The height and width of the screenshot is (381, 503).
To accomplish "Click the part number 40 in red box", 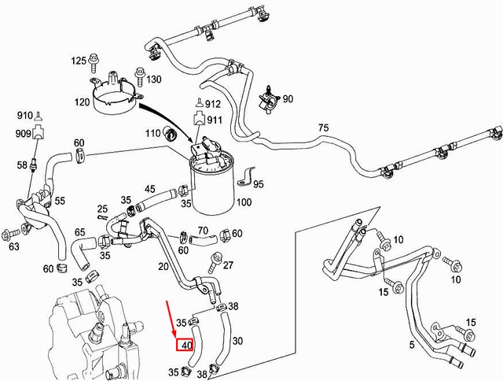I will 186,345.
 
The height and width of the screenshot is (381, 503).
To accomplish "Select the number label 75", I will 323,128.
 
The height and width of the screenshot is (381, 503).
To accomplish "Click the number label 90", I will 287,99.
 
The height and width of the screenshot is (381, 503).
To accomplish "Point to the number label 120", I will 81,103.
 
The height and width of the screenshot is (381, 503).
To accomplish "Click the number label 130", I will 153,80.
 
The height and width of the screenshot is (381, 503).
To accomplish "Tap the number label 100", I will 244,202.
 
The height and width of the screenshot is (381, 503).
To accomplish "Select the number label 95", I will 259,184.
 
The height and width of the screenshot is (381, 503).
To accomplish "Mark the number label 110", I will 152,134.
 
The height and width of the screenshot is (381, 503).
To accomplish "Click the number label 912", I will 214,104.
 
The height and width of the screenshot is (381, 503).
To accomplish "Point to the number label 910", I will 25,116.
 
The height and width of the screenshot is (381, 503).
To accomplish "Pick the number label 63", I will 14,246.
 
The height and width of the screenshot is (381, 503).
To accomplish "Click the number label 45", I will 149,189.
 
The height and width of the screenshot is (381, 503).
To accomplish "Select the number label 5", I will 413,346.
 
